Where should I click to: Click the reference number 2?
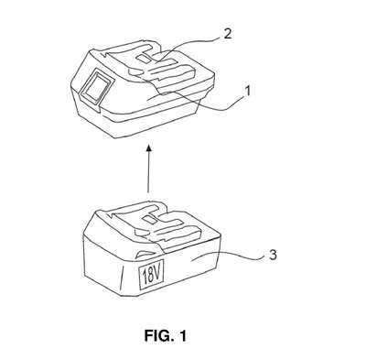point(227,34)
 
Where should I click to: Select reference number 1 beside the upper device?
point(248,91)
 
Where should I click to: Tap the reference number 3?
point(273,255)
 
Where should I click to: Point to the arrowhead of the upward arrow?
point(148,149)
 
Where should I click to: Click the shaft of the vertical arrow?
point(148,172)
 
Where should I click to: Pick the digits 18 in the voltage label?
point(147,278)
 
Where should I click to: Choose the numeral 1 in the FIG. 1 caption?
point(182,336)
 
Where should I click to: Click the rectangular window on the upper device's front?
point(95,87)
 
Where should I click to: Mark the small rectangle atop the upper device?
point(143,58)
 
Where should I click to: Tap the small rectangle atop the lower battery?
point(149,219)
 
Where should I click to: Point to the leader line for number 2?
point(189,44)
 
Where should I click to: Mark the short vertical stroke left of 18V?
point(122,278)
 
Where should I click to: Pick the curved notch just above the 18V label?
point(145,255)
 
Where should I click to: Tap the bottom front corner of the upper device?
point(115,138)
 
